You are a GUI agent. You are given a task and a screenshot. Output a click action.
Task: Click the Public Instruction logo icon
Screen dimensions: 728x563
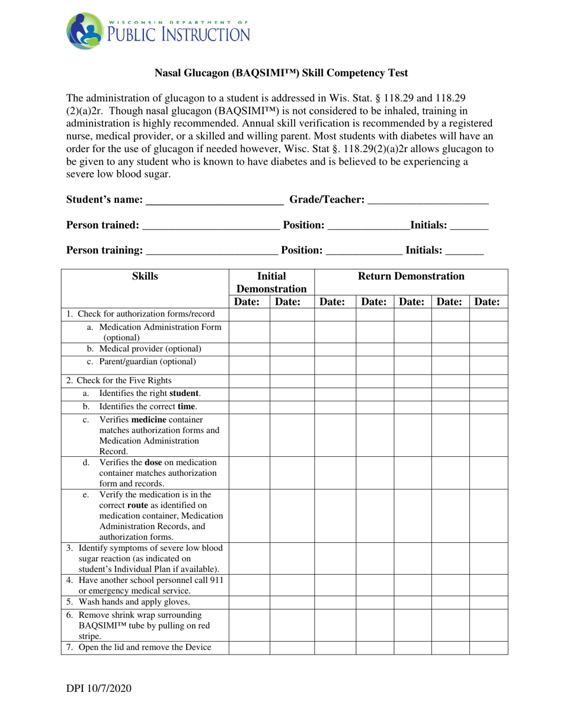point(85,31)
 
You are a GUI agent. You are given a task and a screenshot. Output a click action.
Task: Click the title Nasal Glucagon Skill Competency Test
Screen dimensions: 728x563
point(281,73)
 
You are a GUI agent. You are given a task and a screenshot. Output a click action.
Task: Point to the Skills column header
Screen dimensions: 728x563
point(145,276)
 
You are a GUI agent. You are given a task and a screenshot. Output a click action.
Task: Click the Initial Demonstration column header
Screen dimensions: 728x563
point(271,282)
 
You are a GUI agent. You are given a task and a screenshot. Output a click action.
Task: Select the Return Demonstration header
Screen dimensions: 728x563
point(411,276)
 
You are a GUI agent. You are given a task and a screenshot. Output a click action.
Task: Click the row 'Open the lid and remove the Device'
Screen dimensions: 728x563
point(139,647)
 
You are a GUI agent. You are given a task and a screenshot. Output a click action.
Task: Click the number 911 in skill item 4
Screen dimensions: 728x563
point(216,580)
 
